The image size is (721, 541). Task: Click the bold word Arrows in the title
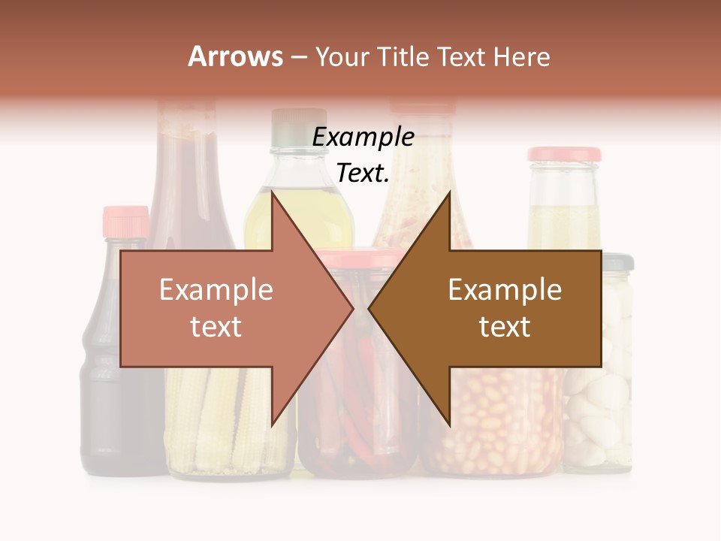[x=235, y=56]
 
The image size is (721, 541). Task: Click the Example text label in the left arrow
[x=216, y=308]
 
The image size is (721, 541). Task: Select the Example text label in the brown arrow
[x=505, y=308]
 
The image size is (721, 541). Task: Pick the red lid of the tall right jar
[x=564, y=155]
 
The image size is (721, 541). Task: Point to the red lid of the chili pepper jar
[x=353, y=258]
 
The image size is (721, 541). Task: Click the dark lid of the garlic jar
[x=617, y=261]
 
